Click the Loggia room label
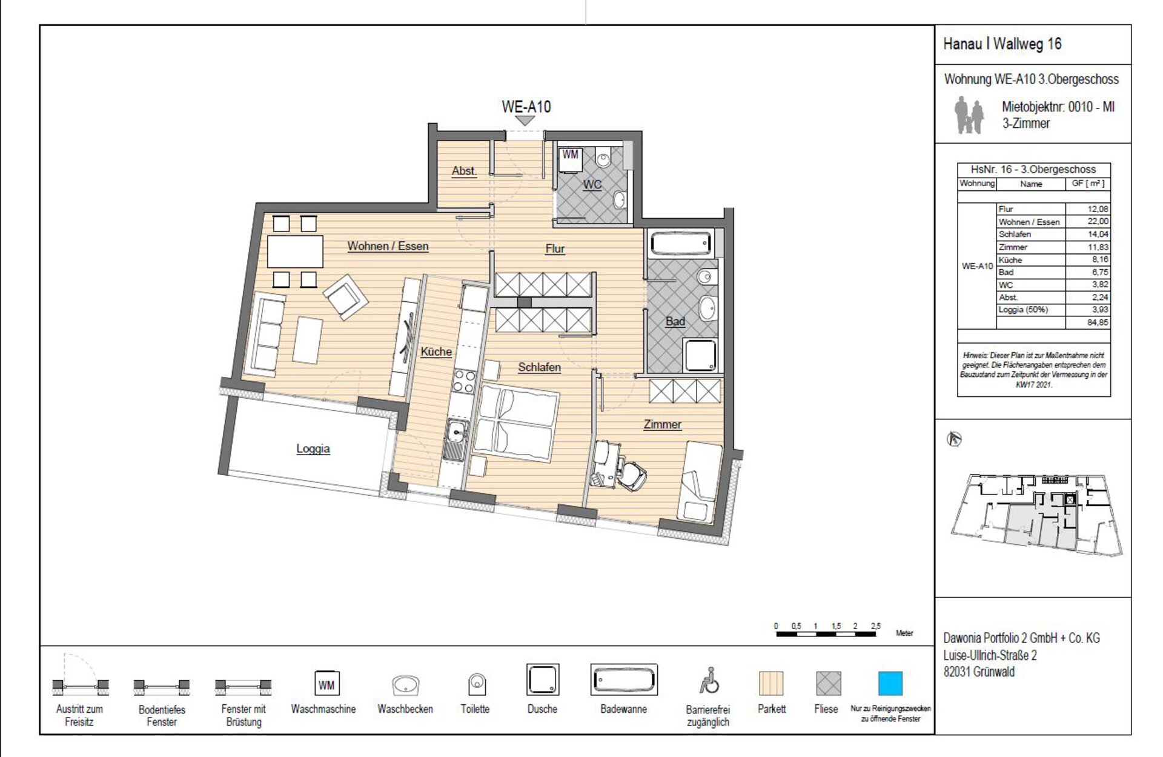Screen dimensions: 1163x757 (313, 449)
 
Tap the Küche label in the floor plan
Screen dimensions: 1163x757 (436, 352)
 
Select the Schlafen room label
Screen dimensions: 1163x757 (539, 367)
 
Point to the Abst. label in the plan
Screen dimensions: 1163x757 (464, 171)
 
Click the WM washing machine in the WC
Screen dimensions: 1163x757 (569, 159)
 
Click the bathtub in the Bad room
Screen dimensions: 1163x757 (680, 244)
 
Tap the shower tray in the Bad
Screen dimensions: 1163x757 (700, 355)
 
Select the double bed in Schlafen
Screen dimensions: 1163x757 (515, 423)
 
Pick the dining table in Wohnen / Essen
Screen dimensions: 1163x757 (295, 252)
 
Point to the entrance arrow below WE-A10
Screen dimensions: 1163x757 (525, 121)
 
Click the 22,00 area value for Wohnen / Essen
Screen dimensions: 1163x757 (1098, 222)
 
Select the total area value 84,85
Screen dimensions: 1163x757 (1098, 322)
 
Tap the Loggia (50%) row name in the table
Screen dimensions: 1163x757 (1023, 310)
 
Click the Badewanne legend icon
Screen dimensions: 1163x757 (624, 680)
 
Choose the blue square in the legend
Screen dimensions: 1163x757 (890, 683)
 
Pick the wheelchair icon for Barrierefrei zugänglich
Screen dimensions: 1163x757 (709, 680)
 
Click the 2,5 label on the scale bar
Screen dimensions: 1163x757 (875, 626)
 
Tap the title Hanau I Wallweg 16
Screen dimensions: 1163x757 (1002, 44)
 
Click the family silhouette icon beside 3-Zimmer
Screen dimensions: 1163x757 (969, 115)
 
